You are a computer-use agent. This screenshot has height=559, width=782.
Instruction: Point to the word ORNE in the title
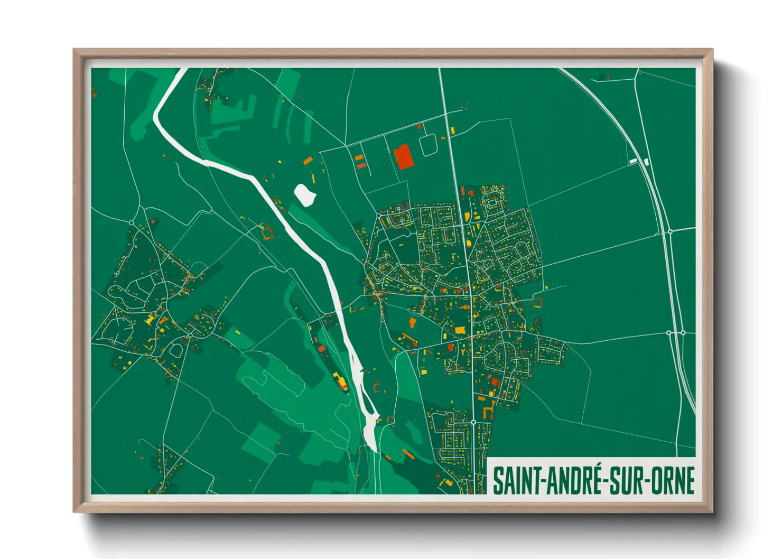point(672,481)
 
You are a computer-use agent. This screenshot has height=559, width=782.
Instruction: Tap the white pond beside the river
point(305,194)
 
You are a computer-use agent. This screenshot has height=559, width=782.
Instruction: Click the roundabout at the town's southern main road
point(473,422)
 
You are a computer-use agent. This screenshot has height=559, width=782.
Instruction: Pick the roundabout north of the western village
point(132,222)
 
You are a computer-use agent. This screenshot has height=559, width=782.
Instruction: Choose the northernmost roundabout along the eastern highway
point(669,231)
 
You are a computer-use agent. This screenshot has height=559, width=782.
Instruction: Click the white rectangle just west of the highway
point(634,161)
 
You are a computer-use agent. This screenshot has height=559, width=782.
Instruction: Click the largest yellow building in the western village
point(150,319)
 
